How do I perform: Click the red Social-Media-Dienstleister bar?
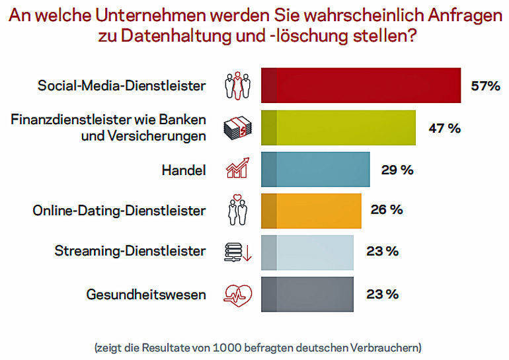tap(361, 86)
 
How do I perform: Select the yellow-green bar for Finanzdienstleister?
tap(338, 127)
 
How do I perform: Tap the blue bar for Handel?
tap(315, 170)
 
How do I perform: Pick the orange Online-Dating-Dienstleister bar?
tap(311, 211)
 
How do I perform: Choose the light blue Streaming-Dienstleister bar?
tap(307, 252)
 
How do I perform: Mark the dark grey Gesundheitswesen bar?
tap(307, 293)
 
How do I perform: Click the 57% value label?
tap(485, 86)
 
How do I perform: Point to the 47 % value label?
tap(444, 128)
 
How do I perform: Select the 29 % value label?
tap(397, 170)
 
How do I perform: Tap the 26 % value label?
tap(387, 210)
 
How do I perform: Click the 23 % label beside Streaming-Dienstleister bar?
tap(382, 252)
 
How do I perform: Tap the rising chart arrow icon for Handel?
tap(237, 169)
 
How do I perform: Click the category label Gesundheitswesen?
tap(146, 294)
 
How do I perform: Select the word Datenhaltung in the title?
tap(173, 38)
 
